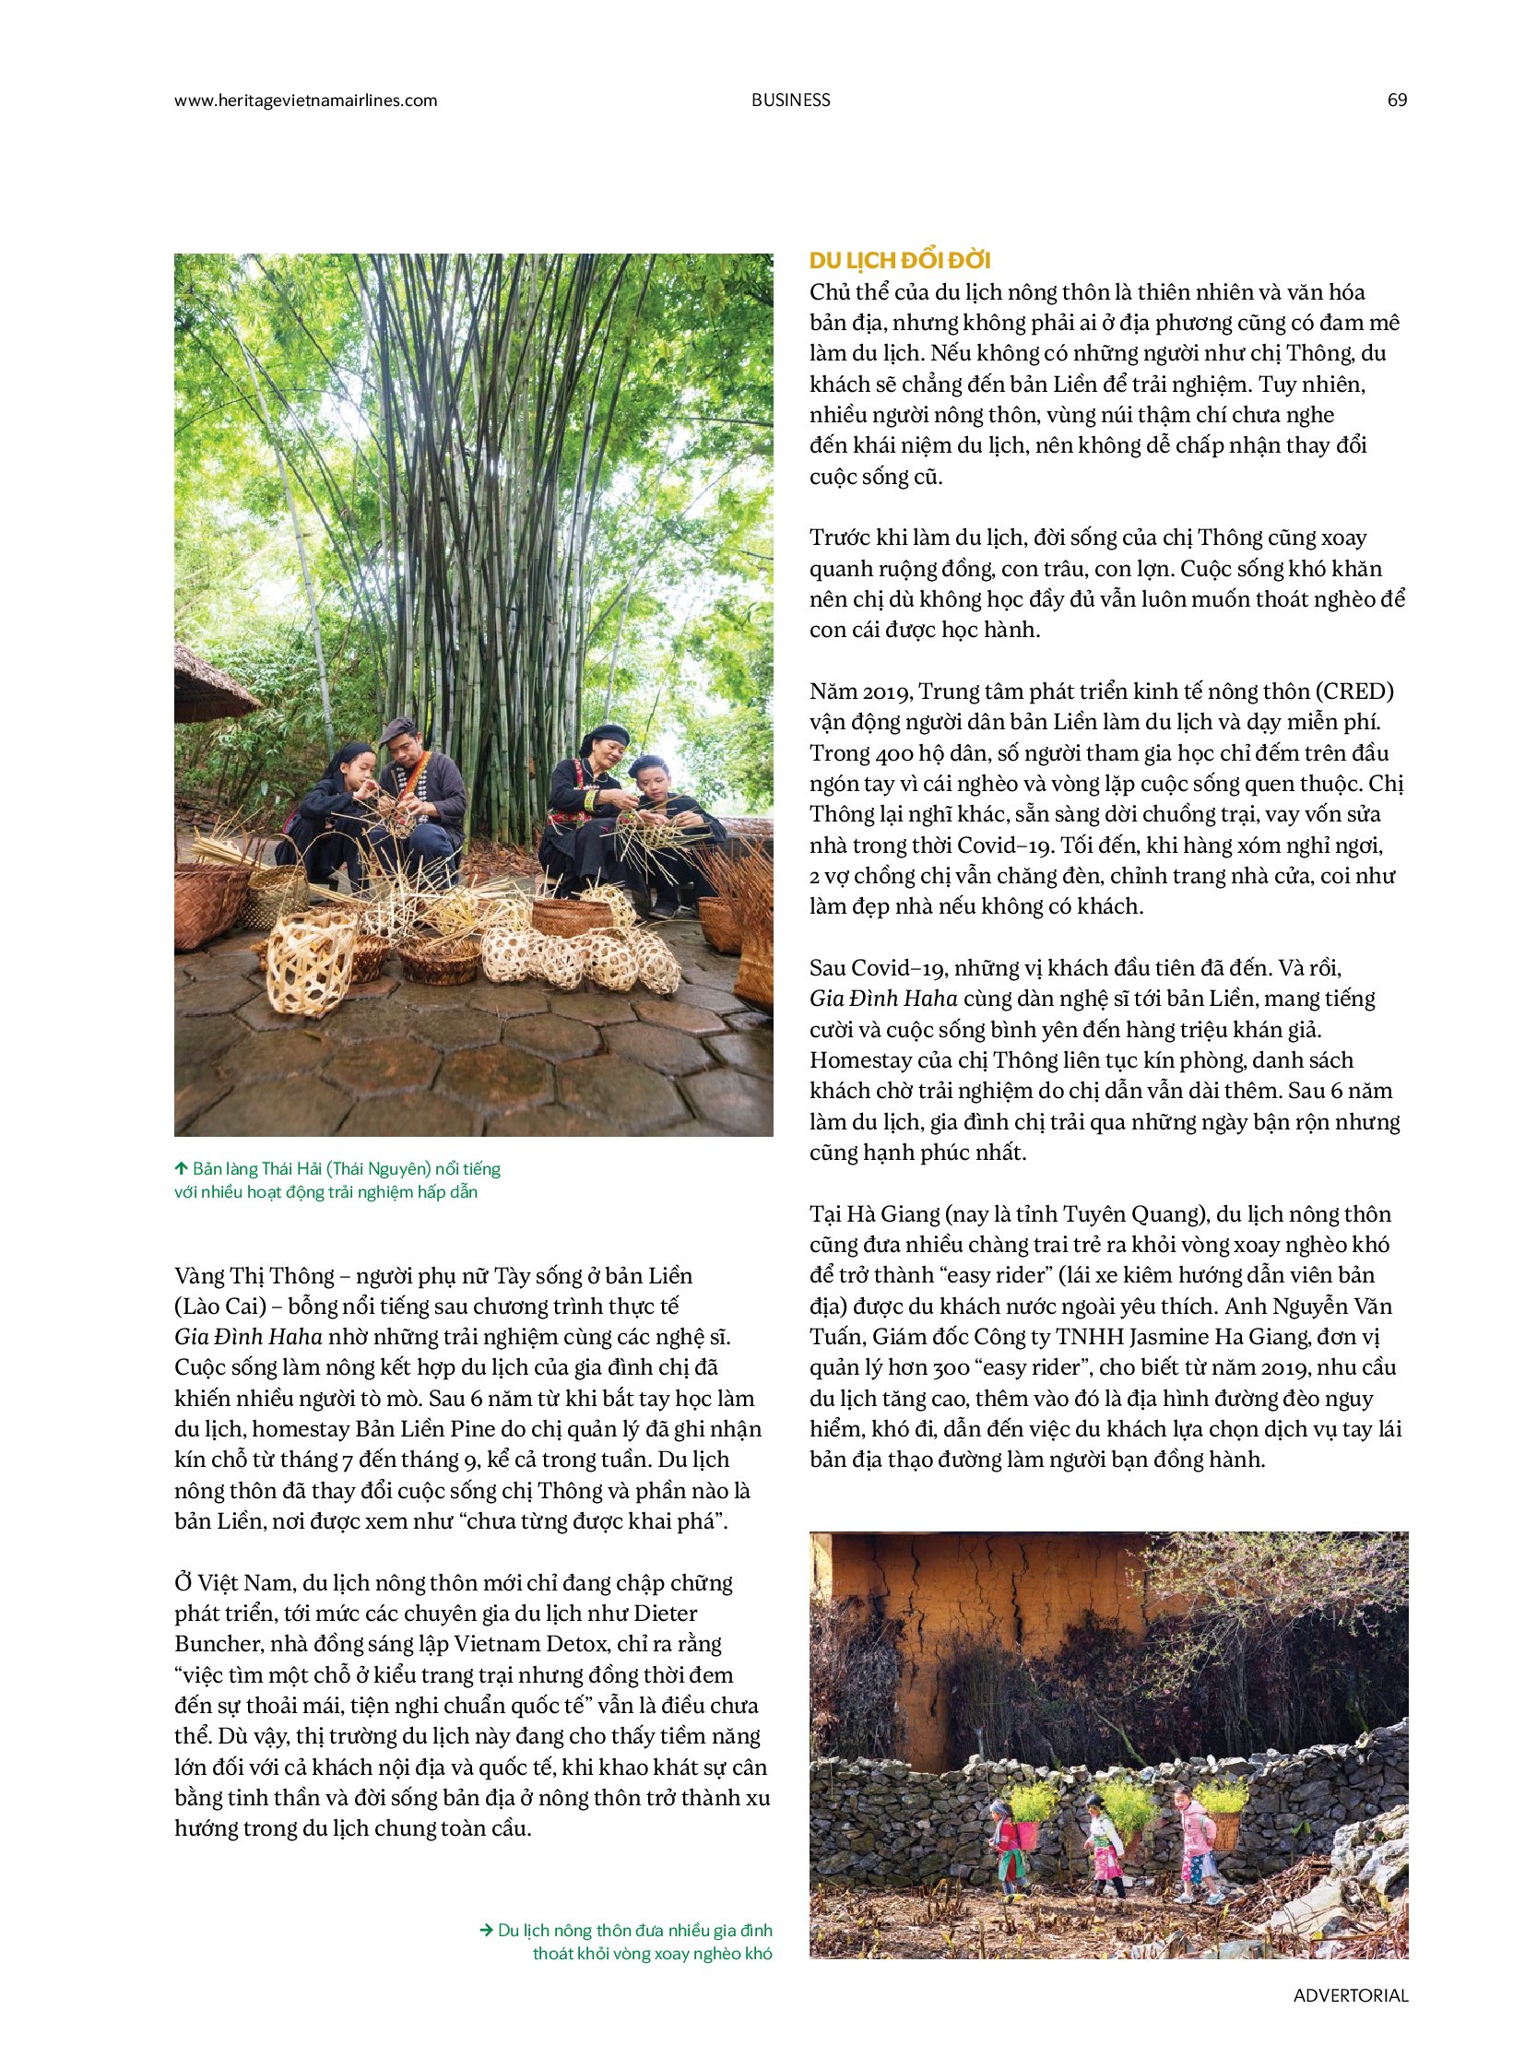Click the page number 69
click(x=1397, y=100)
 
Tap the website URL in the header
click(x=305, y=100)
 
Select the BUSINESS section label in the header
click(x=790, y=100)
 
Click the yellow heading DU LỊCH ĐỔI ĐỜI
click(x=900, y=260)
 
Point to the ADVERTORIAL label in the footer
click(x=1351, y=1995)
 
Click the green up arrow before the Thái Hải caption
click(x=182, y=1169)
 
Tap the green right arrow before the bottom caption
click(x=487, y=1930)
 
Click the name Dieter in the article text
click(x=666, y=1613)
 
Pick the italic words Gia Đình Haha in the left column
click(x=248, y=1337)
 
